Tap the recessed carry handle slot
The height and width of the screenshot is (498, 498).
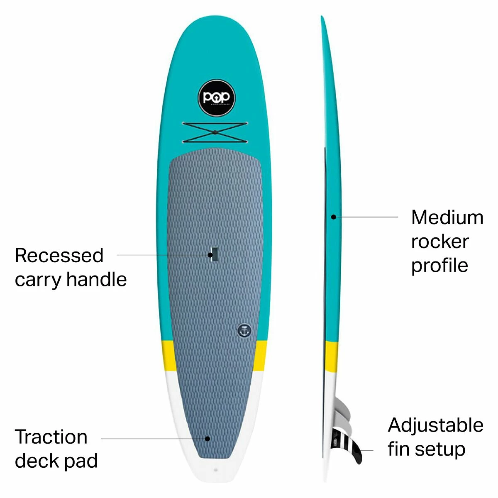point(215,254)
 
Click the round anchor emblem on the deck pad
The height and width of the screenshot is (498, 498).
point(244,330)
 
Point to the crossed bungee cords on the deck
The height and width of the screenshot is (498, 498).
point(215,132)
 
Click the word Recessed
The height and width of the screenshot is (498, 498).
point(59,255)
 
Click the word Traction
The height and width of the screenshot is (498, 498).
point(51,437)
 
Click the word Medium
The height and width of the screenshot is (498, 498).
point(447,217)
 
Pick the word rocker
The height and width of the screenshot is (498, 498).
point(440,242)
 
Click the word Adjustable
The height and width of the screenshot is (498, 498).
point(436,425)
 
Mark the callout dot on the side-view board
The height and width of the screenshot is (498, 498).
point(333,216)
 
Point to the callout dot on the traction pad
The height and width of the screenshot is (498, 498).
point(207,438)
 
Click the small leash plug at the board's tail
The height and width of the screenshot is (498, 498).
point(215,470)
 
